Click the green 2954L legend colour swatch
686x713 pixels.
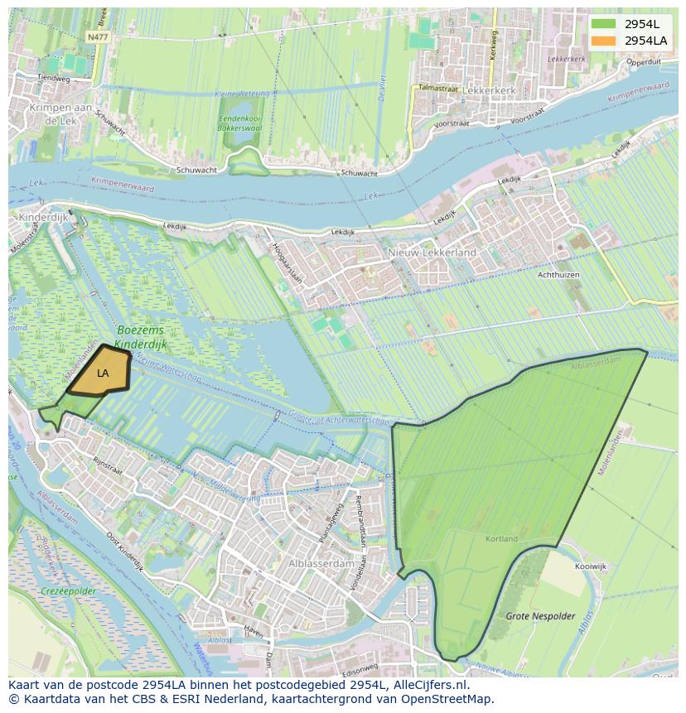(x=603, y=23)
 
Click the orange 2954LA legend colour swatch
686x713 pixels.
(x=603, y=40)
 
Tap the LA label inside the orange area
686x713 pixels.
(x=103, y=373)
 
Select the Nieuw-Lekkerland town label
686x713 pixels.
(x=432, y=252)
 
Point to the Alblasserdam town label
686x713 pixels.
(x=321, y=563)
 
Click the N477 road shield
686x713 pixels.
(x=97, y=37)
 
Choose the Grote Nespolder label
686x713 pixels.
(x=540, y=616)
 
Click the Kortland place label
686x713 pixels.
(x=501, y=539)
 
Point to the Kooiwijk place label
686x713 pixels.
(x=590, y=566)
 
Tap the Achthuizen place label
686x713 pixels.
(x=558, y=275)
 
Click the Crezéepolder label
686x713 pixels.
(x=69, y=592)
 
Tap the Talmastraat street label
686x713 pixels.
(x=438, y=87)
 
